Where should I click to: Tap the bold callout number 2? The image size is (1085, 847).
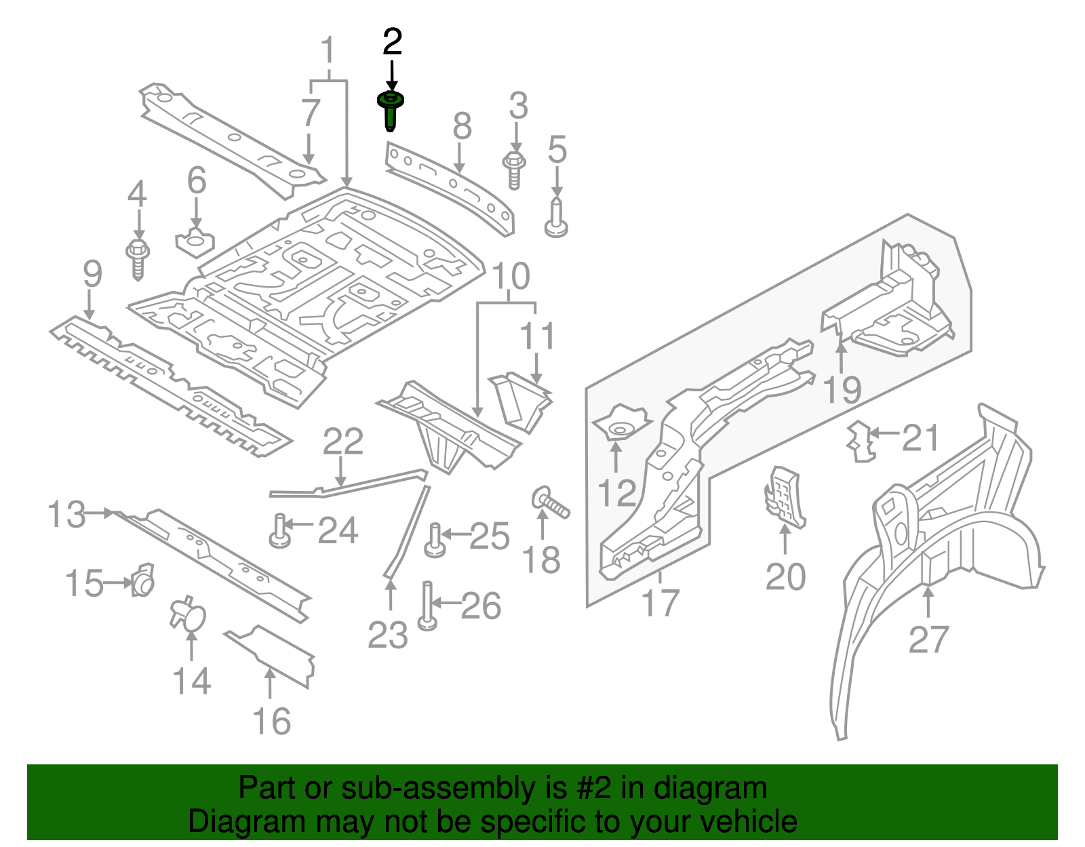(392, 42)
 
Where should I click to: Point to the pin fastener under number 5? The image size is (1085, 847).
(556, 218)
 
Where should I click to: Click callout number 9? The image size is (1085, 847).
(92, 274)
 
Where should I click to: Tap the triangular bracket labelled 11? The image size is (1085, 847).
(521, 401)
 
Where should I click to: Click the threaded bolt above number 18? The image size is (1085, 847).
(551, 503)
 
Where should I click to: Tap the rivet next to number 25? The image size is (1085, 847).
(435, 540)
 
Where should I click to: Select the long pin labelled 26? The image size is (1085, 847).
(427, 605)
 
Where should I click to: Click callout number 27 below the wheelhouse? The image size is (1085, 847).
(928, 639)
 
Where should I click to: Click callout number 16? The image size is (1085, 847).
(272, 722)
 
